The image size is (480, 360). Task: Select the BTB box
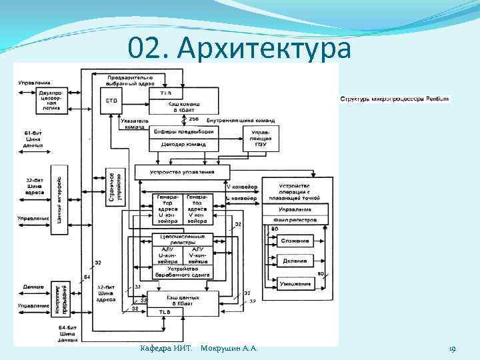pyautogui.click(x=111, y=101)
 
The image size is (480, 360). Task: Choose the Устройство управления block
pyautogui.click(x=182, y=172)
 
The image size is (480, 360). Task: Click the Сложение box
pyautogui.click(x=295, y=240)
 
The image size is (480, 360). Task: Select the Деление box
pyautogui.click(x=295, y=261)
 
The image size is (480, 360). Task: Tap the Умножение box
pyautogui.click(x=295, y=284)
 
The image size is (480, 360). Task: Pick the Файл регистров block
pyautogui.click(x=295, y=219)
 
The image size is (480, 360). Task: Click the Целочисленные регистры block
pyautogui.click(x=182, y=239)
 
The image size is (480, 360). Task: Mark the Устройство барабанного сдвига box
pyautogui.click(x=181, y=271)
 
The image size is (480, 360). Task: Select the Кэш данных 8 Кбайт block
pyautogui.click(x=181, y=299)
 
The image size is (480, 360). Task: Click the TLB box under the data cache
pyautogui.click(x=163, y=312)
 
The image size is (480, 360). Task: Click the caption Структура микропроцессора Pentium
pyautogui.click(x=394, y=99)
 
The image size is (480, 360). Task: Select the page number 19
pyautogui.click(x=451, y=349)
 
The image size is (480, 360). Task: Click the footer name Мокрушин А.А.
pyautogui.click(x=229, y=349)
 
